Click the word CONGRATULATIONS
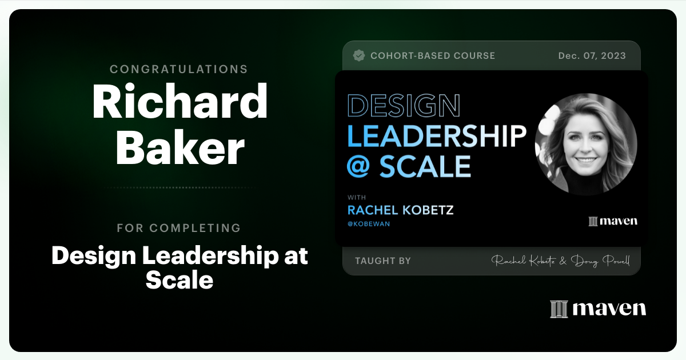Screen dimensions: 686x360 click(179, 69)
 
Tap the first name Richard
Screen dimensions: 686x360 click(180, 101)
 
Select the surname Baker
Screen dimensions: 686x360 click(180, 147)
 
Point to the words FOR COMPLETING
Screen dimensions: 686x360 click(179, 228)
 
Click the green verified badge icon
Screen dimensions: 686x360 click(359, 56)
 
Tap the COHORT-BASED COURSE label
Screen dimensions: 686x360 click(433, 56)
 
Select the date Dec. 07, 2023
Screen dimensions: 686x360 click(592, 56)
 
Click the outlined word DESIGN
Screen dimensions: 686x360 click(404, 106)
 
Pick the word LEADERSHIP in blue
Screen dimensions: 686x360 click(437, 135)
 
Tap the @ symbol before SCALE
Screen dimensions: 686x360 click(358, 166)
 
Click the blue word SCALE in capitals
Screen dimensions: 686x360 click(425, 166)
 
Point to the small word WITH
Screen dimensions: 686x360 click(357, 198)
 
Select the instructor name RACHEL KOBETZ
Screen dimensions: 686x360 click(401, 210)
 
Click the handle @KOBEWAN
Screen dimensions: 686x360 click(369, 224)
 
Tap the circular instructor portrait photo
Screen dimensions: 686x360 click(586, 144)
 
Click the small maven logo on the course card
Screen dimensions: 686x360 click(613, 221)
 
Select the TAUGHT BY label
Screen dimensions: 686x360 click(383, 261)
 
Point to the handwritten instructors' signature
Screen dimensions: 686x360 click(560, 261)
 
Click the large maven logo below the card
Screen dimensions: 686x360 click(598, 309)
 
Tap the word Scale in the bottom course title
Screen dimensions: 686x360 click(180, 280)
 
